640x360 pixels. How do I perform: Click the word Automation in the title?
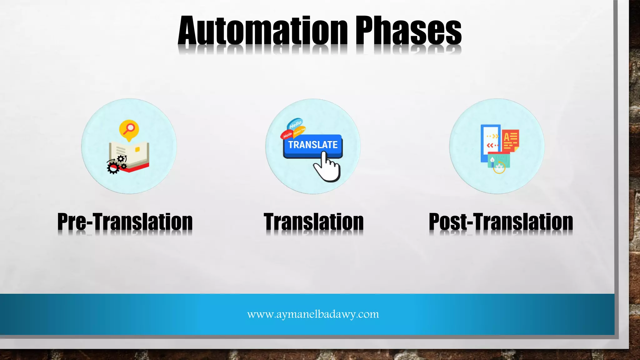click(262, 31)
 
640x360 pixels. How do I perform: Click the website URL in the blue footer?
click(313, 314)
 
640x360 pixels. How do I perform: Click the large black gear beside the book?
click(113, 168)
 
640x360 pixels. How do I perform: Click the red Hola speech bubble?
click(287, 135)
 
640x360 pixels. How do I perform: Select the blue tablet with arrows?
click(490, 141)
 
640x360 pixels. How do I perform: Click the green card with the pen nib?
click(499, 160)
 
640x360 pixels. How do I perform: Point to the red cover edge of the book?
click(137, 168)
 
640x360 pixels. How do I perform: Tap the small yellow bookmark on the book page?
click(137, 150)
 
